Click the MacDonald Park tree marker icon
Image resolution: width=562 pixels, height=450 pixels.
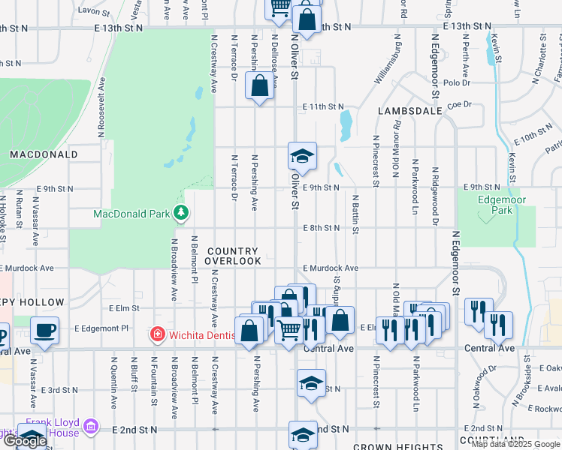click(180, 214)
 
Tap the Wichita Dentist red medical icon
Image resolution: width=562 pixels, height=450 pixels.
click(157, 333)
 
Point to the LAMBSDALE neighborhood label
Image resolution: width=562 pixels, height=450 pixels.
click(409, 110)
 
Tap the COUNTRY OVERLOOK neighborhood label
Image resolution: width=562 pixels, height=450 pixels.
click(233, 256)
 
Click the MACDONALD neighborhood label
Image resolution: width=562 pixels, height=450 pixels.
click(44, 154)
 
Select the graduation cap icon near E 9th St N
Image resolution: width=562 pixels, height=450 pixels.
click(302, 157)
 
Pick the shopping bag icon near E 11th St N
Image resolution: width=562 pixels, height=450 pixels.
click(259, 85)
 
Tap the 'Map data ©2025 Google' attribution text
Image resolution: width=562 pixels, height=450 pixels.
click(515, 443)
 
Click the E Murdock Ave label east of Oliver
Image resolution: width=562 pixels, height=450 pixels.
click(331, 268)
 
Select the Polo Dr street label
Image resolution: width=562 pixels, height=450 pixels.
click(456, 83)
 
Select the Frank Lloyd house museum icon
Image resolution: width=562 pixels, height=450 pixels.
click(92, 427)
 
